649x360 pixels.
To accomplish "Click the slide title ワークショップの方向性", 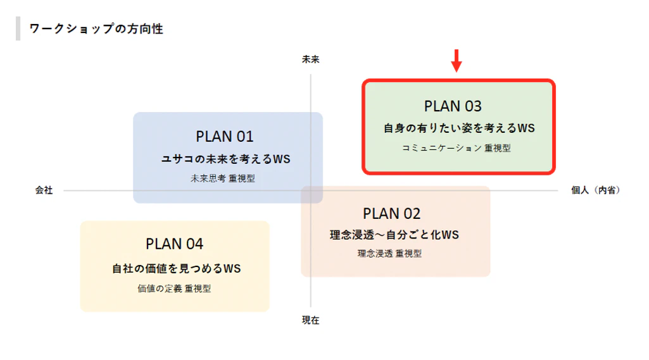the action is click(96, 28).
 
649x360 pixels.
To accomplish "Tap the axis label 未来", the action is click(310, 59).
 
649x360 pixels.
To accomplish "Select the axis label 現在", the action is click(310, 320).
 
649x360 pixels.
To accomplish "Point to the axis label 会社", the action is click(44, 190).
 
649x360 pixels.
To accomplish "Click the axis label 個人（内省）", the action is click(596, 190).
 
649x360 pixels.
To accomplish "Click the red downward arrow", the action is click(457, 61).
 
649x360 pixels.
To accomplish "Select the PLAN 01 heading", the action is click(224, 137).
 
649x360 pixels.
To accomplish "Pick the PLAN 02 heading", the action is click(391, 213).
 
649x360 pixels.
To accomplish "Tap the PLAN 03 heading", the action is click(453, 106).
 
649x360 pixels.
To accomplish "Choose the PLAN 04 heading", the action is click(174, 244).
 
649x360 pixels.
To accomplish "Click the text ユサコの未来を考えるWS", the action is click(226, 159).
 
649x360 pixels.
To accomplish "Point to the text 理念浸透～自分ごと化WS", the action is click(394, 235).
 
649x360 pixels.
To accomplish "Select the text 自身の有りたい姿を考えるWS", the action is click(460, 128).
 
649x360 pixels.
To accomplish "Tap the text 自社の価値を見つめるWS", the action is click(176, 268).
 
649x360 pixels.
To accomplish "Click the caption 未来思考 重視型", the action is click(223, 178).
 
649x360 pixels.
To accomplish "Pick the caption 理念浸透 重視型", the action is click(389, 253).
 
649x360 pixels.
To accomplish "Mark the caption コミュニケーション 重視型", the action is click(457, 148).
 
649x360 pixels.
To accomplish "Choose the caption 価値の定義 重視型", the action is click(174, 289).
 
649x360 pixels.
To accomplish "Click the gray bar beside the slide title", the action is click(18, 28).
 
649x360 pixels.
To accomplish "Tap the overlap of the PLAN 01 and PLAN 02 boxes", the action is click(312, 194).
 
